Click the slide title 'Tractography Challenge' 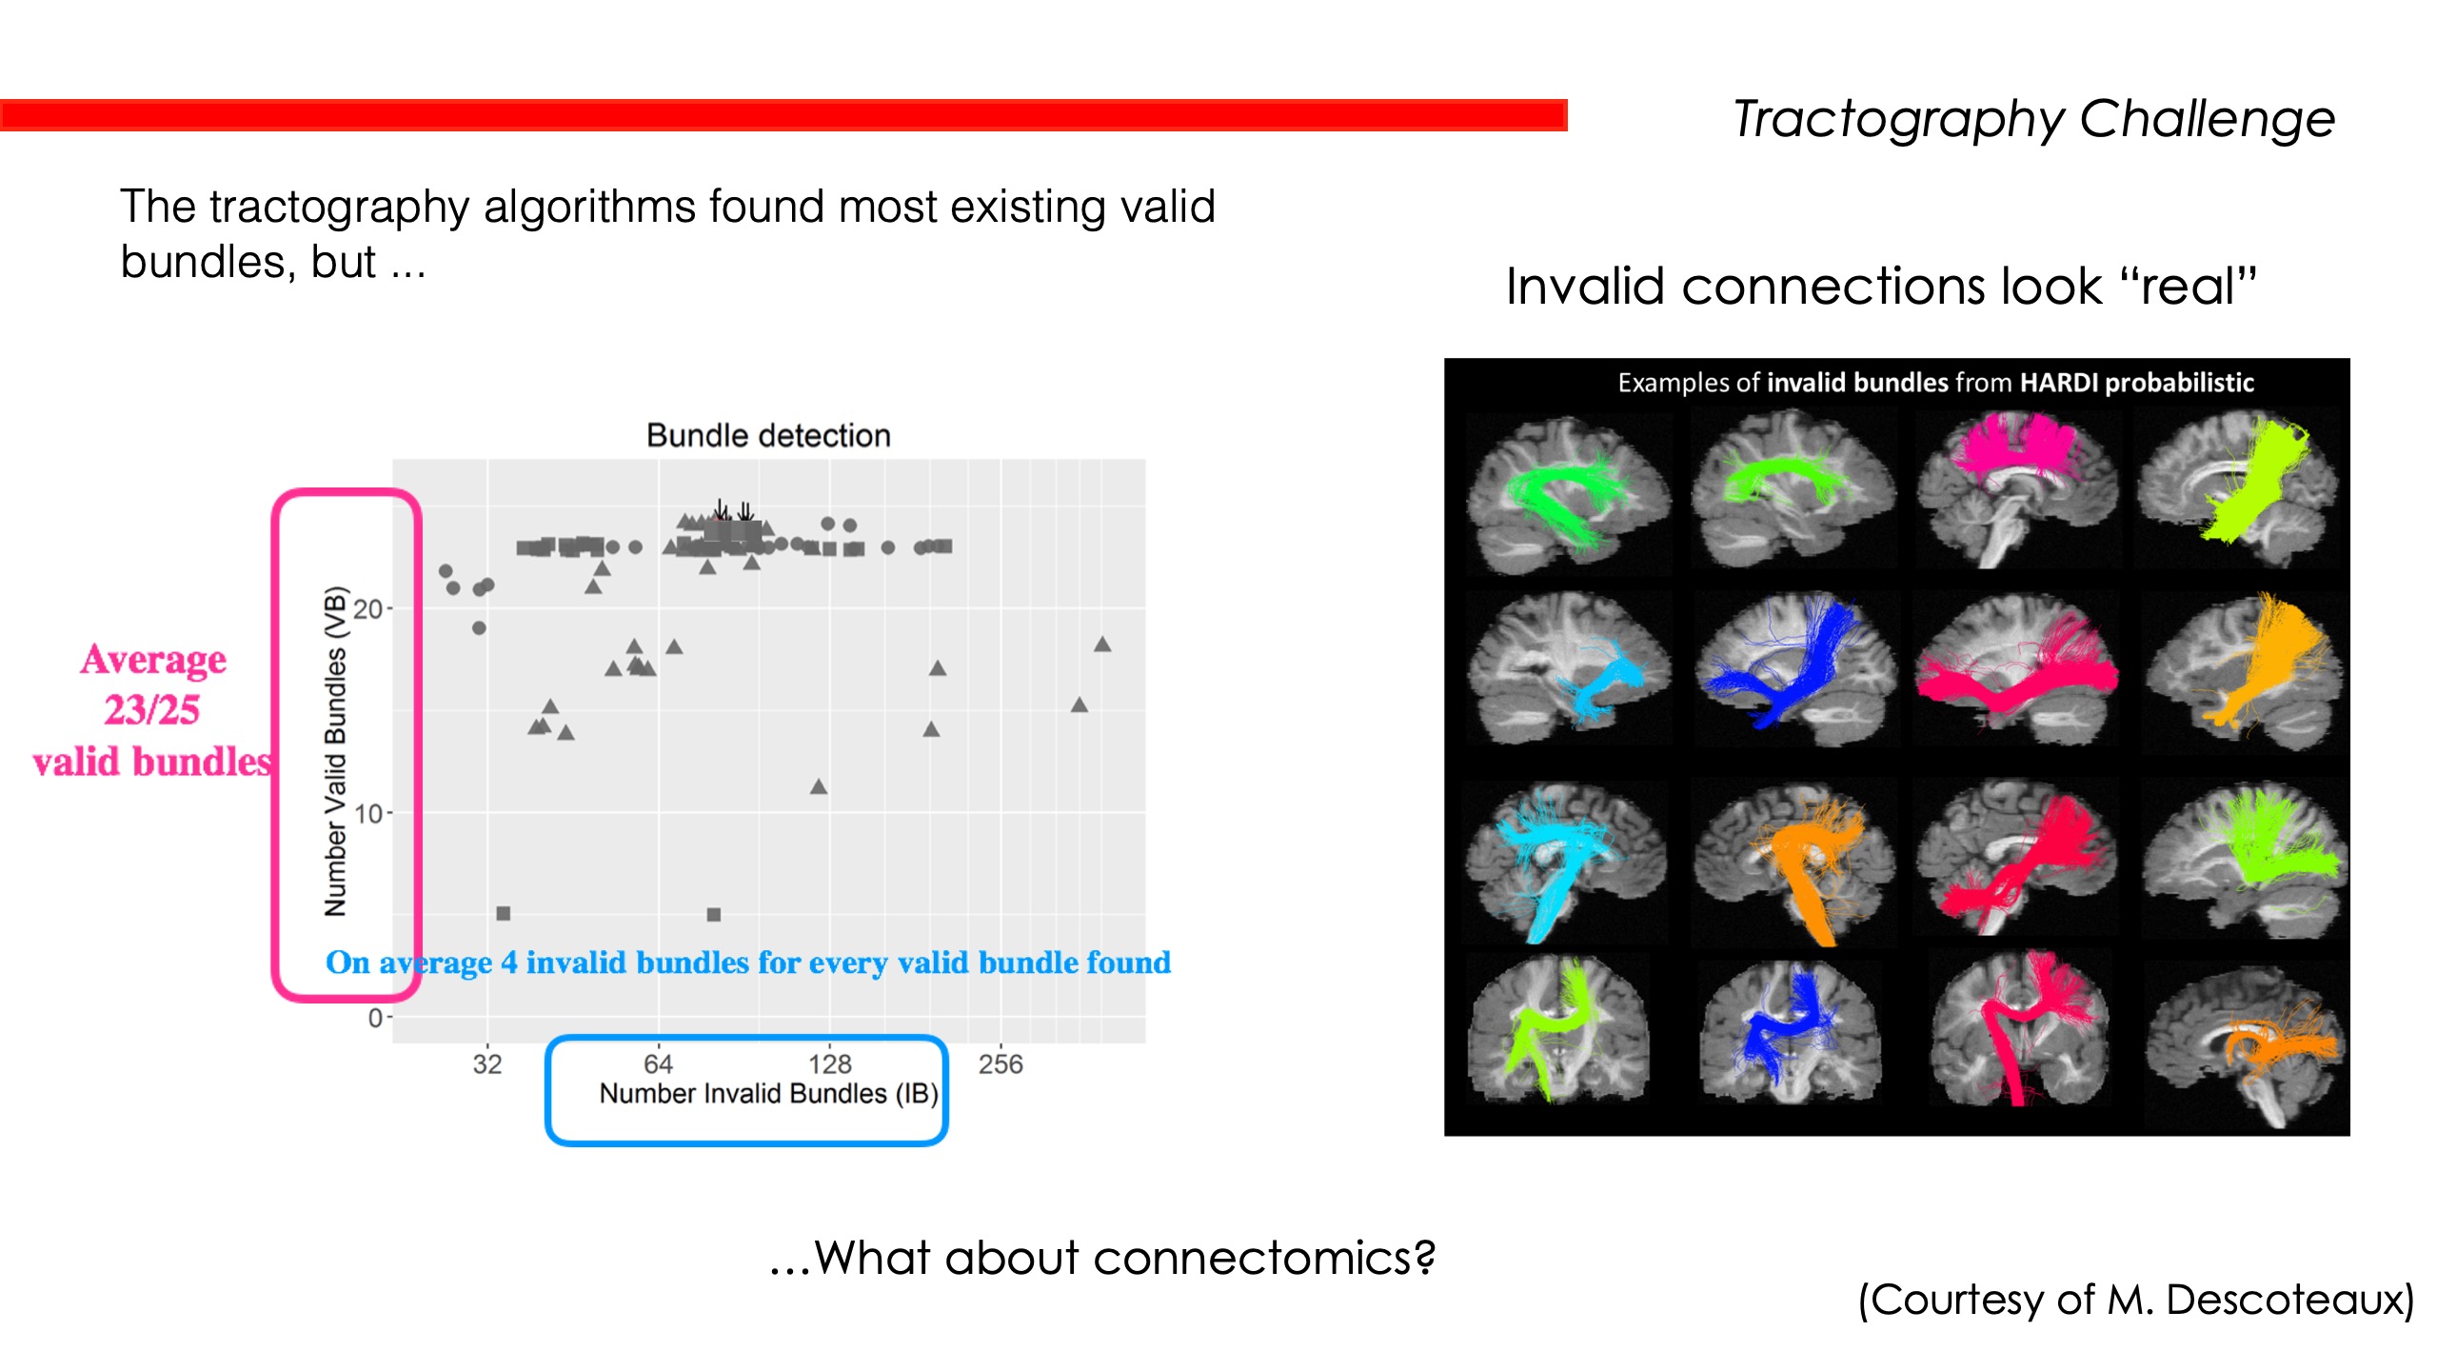[2033, 120]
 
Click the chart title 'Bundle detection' [768, 435]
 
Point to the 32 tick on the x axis [487, 1063]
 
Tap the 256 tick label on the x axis [1000, 1063]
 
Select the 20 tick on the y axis [367, 609]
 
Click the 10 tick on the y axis [367, 814]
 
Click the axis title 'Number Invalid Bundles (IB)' [768, 1094]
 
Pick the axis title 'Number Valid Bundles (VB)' [335, 752]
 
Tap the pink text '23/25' [152, 710]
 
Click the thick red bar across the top [783, 115]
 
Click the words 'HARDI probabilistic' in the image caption [2136, 383]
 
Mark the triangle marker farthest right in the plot [1102, 646]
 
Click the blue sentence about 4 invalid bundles [748, 963]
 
